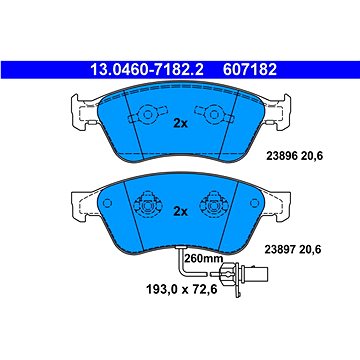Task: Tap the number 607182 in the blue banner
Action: pos(249,70)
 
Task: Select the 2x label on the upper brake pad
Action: pos(180,124)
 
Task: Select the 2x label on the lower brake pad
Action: pos(180,211)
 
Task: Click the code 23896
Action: pos(281,156)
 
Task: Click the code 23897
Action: pos(280,249)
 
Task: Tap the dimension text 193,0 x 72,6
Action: pos(182,289)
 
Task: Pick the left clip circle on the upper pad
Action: pos(146,114)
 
